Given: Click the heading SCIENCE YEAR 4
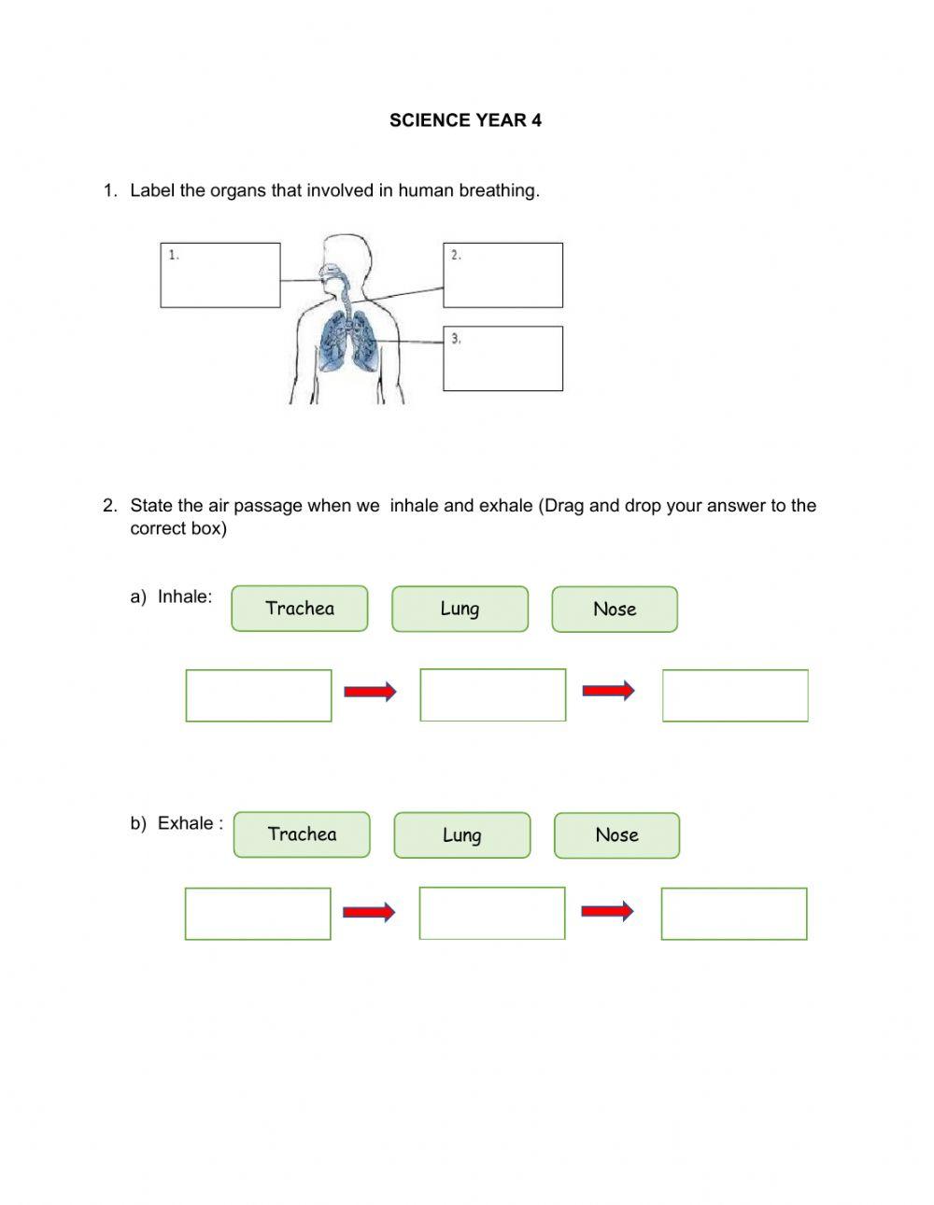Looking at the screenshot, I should point(465,120).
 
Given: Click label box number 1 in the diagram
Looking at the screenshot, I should point(220,275).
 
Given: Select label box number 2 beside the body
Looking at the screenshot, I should point(502,275).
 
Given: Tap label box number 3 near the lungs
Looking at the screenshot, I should point(502,358).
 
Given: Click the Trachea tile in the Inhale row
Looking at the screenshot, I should point(300,609).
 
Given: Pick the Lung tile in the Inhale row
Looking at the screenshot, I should point(460,609).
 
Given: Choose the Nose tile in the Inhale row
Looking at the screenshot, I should point(615,610).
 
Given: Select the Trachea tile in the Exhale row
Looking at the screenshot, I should point(302,834).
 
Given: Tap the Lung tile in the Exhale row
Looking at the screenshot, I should point(461,835).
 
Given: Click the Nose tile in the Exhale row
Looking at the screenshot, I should point(616,835).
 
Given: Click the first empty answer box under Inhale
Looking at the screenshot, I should point(259,695).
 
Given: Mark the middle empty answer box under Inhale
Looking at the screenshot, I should point(492,695).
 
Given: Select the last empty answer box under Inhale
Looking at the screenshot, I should point(735,695).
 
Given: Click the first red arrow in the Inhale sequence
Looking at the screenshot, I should point(370,692).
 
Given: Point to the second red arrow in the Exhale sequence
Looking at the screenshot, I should point(607,911).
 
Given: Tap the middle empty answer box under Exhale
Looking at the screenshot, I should point(491,913).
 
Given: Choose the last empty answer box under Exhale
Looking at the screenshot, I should point(734,914).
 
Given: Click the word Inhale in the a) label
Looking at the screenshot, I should point(184,597).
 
